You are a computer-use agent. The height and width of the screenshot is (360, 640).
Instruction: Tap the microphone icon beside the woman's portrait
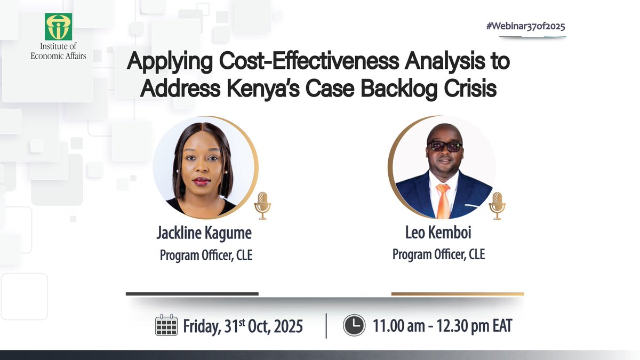(x=262, y=205)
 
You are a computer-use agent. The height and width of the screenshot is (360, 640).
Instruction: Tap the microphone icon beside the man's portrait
(x=497, y=205)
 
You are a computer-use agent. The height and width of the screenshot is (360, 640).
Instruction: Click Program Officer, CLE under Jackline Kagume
(x=206, y=255)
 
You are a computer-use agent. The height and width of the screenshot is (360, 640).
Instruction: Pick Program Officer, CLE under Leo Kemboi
(x=439, y=254)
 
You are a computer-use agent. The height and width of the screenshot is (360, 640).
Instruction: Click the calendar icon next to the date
(x=166, y=325)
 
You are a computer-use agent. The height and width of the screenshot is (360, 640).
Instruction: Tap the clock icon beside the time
(x=354, y=325)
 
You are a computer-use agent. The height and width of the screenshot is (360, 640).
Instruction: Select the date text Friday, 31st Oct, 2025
(x=243, y=325)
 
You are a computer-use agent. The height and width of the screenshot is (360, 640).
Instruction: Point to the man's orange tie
(x=442, y=199)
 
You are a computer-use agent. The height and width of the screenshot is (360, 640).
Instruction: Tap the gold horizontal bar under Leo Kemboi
(x=458, y=293)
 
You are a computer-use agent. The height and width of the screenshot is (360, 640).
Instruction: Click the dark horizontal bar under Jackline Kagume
(x=192, y=293)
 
